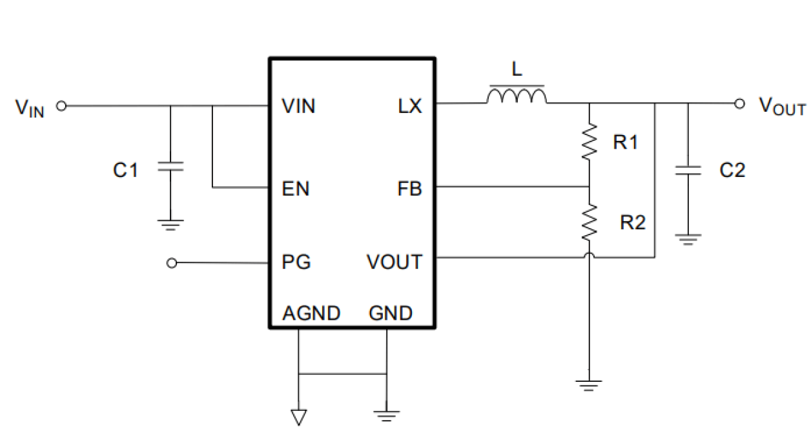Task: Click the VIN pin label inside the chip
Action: click(x=298, y=107)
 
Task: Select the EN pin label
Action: click(x=296, y=189)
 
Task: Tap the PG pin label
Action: click(x=296, y=262)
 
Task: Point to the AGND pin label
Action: click(x=311, y=313)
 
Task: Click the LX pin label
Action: click(x=409, y=107)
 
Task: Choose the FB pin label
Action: click(x=409, y=189)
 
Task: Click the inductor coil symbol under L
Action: click(x=517, y=97)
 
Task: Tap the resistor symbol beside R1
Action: click(x=589, y=143)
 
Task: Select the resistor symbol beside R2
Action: click(x=589, y=222)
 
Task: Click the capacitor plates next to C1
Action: click(x=170, y=167)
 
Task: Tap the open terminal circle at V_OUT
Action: click(x=740, y=103)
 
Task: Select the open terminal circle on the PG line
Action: click(x=172, y=263)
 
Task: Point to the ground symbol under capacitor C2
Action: click(x=688, y=238)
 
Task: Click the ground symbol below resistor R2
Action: click(x=589, y=385)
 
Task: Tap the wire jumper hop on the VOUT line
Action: click(x=589, y=257)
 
